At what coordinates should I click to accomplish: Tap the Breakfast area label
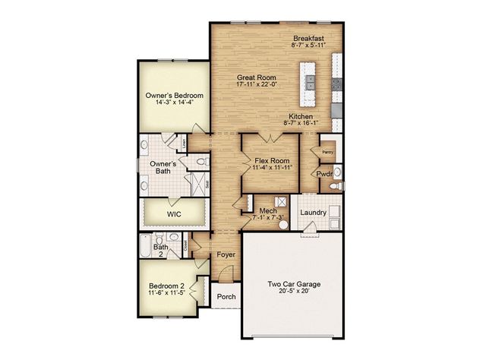(309, 37)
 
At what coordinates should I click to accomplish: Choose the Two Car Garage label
(294, 284)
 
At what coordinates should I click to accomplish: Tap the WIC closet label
(174, 214)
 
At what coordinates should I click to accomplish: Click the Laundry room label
(313, 213)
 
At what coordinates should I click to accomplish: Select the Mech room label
(267, 211)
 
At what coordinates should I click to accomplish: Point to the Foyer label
(226, 254)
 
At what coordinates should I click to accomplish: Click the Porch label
(226, 296)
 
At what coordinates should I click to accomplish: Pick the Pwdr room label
(325, 174)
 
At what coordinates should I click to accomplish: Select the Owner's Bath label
(163, 167)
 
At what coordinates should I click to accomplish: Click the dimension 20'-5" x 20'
(294, 292)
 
